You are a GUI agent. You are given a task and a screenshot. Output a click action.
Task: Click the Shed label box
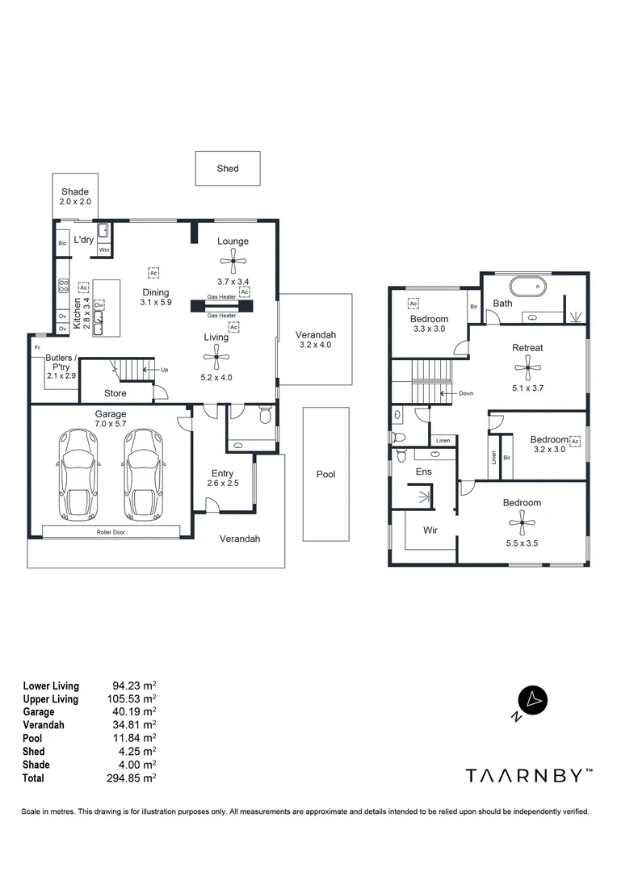point(228,169)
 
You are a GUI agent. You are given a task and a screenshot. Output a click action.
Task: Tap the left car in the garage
point(78,474)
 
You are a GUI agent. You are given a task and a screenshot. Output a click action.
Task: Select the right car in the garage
point(143,474)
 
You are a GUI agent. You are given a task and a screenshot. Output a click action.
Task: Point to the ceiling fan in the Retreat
point(527,368)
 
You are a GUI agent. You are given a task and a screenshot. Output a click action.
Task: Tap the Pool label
point(325,475)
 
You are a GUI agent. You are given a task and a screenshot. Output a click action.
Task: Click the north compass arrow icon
point(532,699)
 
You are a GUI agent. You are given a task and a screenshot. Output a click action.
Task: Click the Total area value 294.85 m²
point(132,778)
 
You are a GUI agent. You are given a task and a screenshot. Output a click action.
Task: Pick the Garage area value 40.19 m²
point(132,712)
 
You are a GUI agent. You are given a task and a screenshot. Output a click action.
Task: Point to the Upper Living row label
point(50,699)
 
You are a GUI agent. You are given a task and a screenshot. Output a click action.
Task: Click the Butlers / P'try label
point(61,362)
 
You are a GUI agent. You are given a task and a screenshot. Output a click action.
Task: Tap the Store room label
point(115,394)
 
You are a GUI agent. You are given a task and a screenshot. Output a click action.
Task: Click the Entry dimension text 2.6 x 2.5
point(222,484)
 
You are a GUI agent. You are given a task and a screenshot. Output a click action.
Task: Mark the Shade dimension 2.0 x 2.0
point(74,202)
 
